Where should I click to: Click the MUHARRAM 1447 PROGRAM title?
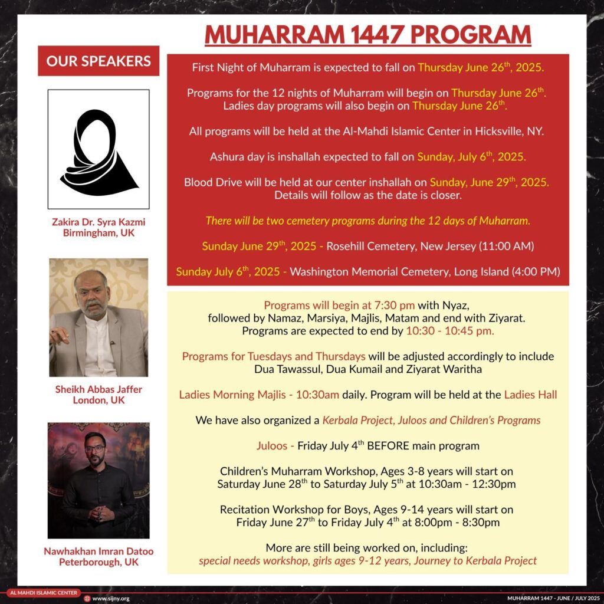[x=367, y=35]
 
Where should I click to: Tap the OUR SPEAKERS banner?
[x=99, y=61]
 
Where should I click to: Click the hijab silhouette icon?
[x=99, y=151]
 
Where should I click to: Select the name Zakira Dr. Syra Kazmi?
[x=99, y=222]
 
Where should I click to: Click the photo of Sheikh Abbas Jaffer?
[x=99, y=317]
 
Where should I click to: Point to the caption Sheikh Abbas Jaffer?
[x=99, y=389]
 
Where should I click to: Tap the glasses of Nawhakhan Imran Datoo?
[x=94, y=449]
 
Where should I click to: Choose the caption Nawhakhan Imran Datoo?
[x=99, y=552]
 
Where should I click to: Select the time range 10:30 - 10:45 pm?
[x=450, y=331]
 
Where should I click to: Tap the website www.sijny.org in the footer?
[x=110, y=598]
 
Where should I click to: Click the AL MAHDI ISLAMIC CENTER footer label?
[x=42, y=592]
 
